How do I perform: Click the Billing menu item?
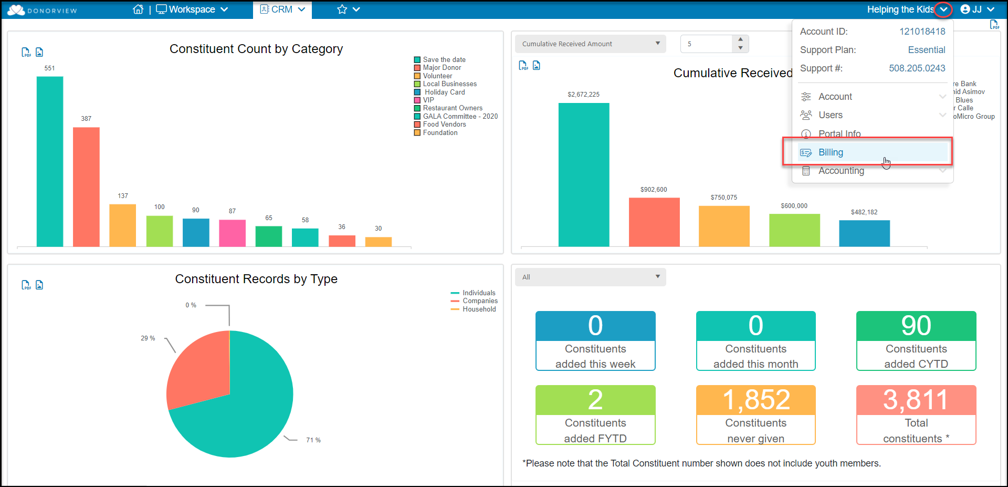tap(831, 152)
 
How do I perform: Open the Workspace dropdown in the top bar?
tap(192, 9)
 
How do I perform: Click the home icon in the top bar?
tap(138, 9)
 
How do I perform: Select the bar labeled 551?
tap(50, 161)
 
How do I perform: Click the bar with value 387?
tap(86, 186)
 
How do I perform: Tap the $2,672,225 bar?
tap(583, 174)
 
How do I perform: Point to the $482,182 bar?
tap(864, 233)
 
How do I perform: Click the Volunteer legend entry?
tap(437, 76)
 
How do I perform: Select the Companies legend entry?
tap(480, 301)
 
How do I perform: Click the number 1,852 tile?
tap(755, 400)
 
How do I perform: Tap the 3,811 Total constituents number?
tap(916, 400)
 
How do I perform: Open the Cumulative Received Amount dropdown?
tap(590, 44)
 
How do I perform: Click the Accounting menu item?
tap(841, 171)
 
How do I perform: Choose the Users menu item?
tap(830, 115)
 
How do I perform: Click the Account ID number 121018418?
tap(922, 32)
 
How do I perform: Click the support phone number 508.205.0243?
tap(917, 68)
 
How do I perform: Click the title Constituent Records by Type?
tap(256, 279)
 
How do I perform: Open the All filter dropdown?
tap(590, 277)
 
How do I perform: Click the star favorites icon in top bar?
tap(342, 9)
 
